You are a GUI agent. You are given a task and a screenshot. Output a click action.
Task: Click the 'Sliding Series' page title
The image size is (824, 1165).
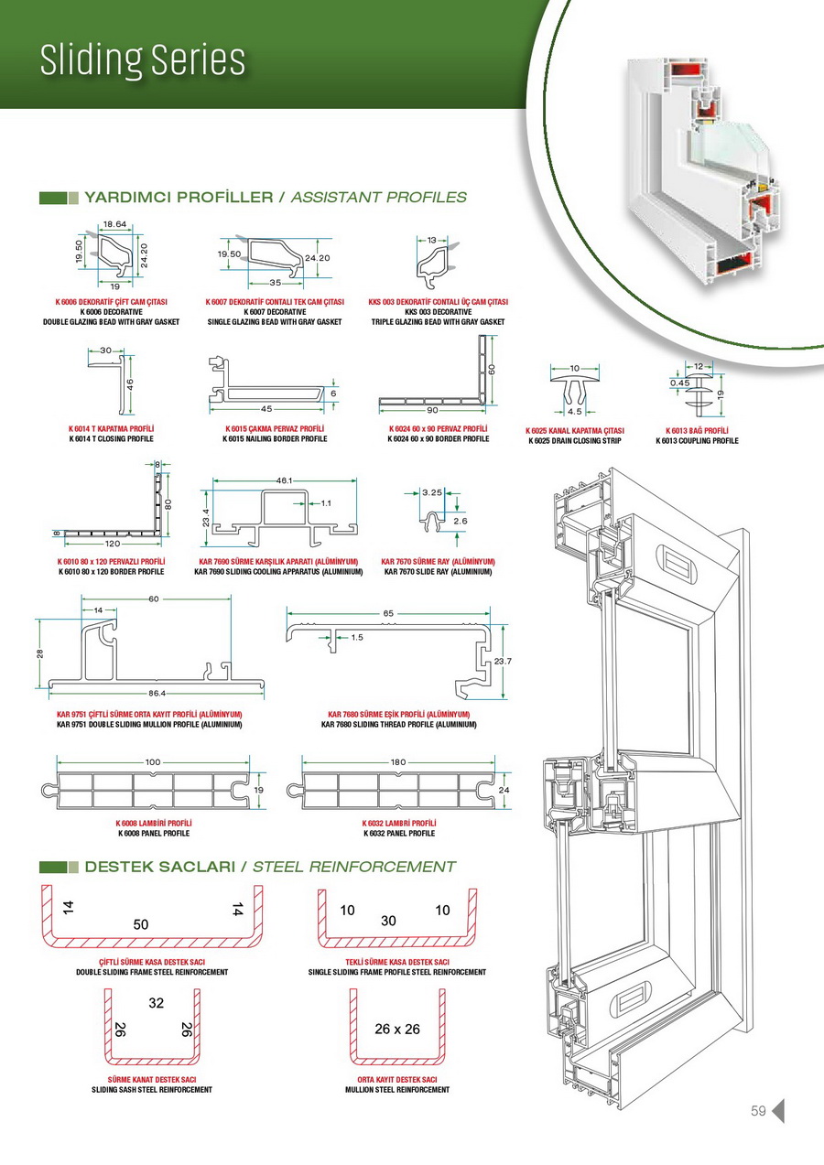[142, 60]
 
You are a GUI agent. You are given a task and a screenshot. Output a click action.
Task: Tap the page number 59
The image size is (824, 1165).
[758, 1111]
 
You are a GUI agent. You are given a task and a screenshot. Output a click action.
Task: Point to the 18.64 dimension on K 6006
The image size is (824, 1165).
[114, 223]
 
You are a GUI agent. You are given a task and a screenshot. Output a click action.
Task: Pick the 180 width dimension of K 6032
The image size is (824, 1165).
[398, 761]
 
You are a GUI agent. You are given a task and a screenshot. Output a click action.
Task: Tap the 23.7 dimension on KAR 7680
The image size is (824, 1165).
[502, 661]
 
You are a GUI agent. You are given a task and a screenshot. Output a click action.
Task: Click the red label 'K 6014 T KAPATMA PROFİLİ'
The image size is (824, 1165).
[111, 428]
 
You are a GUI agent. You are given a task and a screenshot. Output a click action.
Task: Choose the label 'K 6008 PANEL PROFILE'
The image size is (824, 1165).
[154, 834]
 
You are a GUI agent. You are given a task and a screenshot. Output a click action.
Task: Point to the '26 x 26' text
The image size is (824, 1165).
[397, 1029]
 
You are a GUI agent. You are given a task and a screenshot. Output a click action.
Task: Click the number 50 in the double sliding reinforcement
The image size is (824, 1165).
[140, 924]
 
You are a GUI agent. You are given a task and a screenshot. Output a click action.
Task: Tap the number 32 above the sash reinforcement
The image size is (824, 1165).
[156, 1002]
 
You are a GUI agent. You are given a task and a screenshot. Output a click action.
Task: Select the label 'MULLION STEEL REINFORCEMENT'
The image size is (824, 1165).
[397, 1090]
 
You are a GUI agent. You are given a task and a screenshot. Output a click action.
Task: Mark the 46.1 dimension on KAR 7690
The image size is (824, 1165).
[284, 480]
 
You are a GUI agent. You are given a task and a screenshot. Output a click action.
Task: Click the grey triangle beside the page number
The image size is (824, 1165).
[778, 1111]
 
